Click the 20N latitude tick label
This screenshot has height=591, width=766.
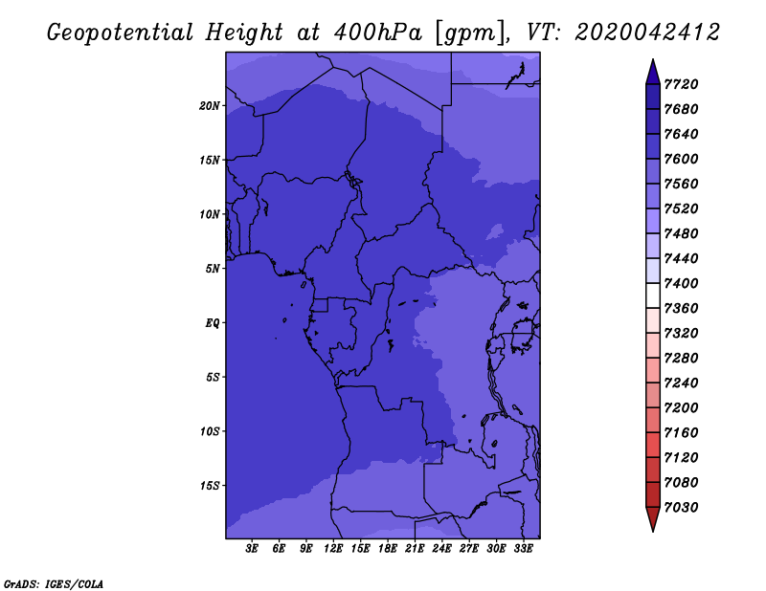click(x=209, y=106)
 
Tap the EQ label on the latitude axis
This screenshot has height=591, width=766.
click(x=213, y=323)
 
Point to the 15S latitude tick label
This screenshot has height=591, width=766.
click(x=209, y=486)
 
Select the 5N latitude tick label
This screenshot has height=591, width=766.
click(x=213, y=269)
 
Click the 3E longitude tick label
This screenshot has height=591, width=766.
click(x=252, y=548)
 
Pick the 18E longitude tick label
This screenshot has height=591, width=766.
click(x=388, y=548)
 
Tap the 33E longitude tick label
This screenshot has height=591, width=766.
click(x=523, y=548)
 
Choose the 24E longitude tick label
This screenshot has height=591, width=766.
click(x=441, y=548)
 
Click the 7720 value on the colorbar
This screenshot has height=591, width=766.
click(x=681, y=84)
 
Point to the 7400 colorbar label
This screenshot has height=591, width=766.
click(x=681, y=283)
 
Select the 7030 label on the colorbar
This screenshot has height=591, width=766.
click(x=681, y=508)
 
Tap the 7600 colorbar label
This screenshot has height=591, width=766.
click(x=681, y=159)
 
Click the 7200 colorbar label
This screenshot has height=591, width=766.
click(x=681, y=408)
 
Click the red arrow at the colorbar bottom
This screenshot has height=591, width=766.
click(x=653, y=517)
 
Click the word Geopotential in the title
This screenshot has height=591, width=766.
click(x=121, y=33)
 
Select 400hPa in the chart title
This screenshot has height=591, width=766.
click(x=377, y=33)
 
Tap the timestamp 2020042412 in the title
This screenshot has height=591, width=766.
click(x=647, y=33)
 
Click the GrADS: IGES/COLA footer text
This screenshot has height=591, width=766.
click(x=54, y=584)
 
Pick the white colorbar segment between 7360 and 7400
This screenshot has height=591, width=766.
click(x=653, y=295)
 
